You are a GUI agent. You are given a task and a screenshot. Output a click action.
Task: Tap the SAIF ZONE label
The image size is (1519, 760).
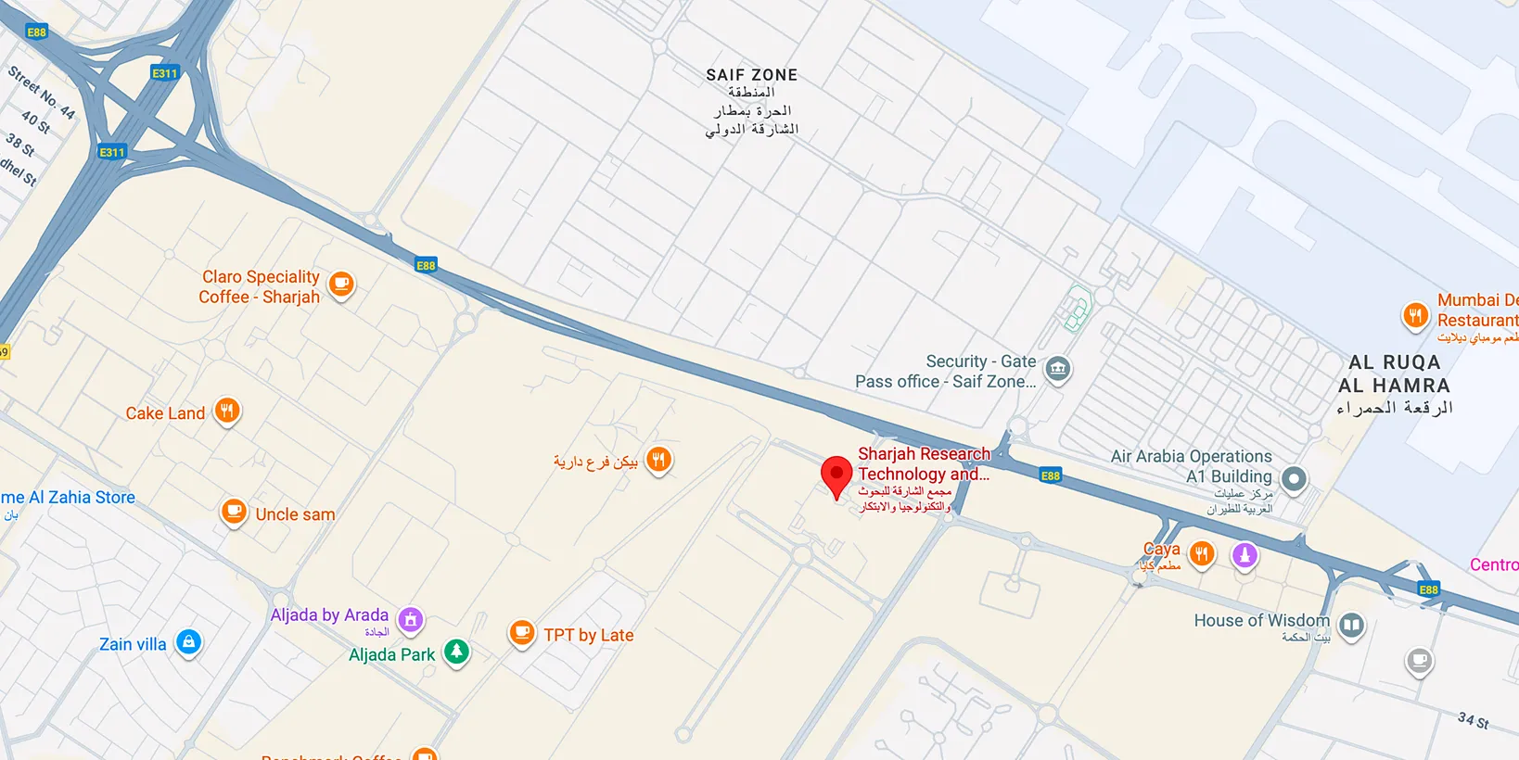[751, 75]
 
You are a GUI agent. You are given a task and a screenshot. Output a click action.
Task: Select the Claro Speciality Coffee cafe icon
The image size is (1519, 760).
[341, 285]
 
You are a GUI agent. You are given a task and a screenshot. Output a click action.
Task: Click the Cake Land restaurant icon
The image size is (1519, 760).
[227, 411]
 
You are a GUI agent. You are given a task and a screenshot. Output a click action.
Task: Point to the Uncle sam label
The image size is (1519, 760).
[295, 514]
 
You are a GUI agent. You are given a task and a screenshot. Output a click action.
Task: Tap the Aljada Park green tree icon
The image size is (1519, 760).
[456, 652]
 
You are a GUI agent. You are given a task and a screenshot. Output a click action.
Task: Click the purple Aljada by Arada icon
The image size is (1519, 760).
[411, 619]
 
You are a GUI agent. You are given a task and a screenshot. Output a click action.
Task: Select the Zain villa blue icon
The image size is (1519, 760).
[188, 641]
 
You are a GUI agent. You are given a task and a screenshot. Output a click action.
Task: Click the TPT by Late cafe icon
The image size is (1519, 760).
[522, 633]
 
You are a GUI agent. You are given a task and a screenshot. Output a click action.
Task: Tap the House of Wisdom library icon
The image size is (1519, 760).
[1352, 626]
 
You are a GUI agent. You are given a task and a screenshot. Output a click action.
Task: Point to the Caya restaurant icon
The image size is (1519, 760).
[1202, 554]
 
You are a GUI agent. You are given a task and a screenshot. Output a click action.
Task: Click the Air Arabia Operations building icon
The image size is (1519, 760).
[1294, 479]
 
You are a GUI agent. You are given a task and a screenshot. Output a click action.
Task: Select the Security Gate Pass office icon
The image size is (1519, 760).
[1057, 370]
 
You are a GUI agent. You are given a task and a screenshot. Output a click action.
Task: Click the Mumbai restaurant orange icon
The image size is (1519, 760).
[1415, 316]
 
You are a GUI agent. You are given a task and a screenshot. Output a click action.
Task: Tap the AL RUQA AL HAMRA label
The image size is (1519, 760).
[1394, 374]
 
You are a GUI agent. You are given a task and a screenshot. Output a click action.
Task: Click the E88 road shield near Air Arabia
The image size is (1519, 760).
[1050, 475]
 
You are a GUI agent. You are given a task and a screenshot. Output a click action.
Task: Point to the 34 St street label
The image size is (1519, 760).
[1473, 720]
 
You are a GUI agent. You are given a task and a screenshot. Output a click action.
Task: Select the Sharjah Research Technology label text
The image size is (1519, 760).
[924, 463]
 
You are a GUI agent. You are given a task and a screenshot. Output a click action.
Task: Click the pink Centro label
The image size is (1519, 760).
[1493, 564]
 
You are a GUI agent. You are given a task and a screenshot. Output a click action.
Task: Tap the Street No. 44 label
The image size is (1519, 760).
[42, 93]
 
